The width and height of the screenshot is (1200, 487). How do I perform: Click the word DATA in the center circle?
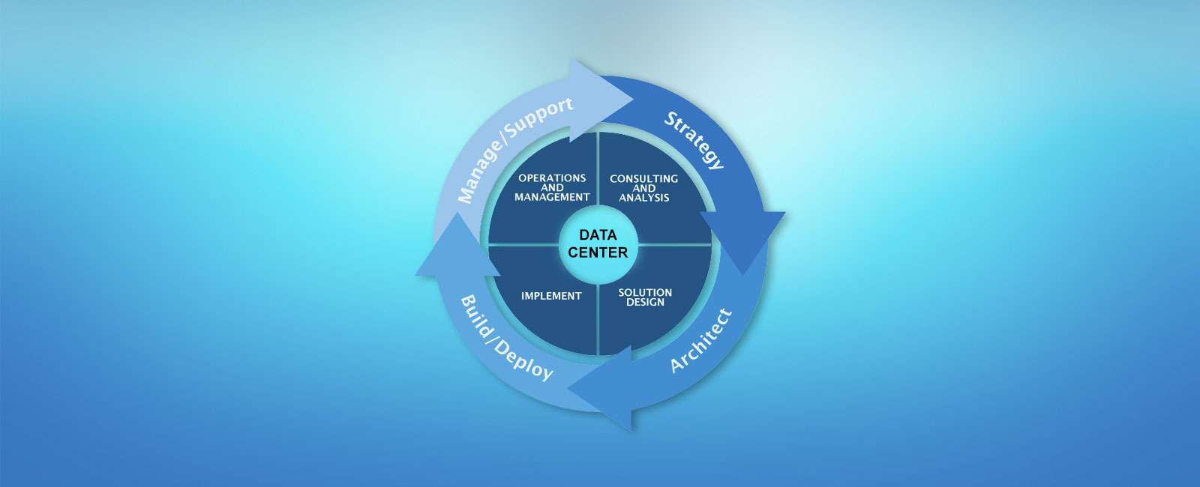coord(598,235)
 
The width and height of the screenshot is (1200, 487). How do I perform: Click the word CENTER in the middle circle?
coord(598,252)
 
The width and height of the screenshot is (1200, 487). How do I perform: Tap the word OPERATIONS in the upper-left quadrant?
coord(552,178)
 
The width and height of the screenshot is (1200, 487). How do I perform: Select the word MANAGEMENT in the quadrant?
coord(552,197)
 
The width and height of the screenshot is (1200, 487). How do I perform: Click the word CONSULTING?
coord(643,179)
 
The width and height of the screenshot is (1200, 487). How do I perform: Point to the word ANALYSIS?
coord(643,198)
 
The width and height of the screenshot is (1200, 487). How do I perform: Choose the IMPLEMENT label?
coord(551,296)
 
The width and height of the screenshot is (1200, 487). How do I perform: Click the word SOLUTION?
coord(645,292)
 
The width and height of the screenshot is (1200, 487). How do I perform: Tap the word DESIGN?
coord(645,302)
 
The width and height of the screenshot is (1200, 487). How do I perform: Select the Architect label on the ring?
coord(700,341)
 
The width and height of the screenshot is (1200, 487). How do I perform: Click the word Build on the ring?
coord(476,315)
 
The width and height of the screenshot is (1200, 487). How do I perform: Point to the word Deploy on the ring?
coord(524,360)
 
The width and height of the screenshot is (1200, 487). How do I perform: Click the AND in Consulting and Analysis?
coord(643,188)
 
